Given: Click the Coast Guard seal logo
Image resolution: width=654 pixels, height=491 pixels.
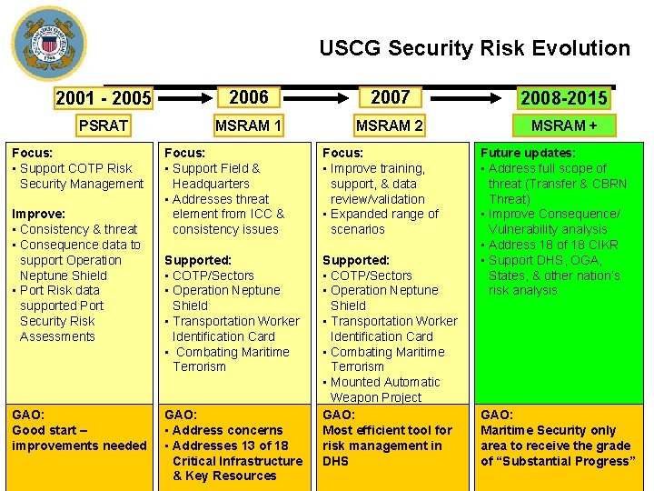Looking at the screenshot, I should (x=49, y=44).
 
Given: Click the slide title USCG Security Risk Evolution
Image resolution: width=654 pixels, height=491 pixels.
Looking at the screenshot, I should (x=474, y=48).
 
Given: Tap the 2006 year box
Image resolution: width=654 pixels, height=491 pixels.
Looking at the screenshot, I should (x=248, y=97).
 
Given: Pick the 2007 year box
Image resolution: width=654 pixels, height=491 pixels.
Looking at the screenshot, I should (x=390, y=97).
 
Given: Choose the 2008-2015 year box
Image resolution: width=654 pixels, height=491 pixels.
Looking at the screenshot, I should (x=563, y=98).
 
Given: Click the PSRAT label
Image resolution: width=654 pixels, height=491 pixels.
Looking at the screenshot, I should (x=103, y=125).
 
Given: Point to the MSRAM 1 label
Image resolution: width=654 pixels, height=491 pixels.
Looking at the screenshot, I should (x=248, y=125).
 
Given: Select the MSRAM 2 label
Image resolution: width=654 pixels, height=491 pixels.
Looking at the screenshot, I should (x=389, y=125).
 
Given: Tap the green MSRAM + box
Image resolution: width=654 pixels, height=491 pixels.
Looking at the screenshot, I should (x=563, y=125).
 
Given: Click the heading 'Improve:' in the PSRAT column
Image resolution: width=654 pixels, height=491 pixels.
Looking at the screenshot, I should (x=38, y=214).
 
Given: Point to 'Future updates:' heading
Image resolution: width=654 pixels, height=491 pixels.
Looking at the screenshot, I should (x=527, y=153).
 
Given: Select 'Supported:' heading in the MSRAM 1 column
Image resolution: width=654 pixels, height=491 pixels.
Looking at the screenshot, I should (x=198, y=260).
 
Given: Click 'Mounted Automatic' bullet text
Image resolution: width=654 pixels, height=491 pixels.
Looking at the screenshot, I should (x=385, y=382).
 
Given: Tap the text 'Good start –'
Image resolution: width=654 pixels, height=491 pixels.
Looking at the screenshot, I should (x=49, y=430).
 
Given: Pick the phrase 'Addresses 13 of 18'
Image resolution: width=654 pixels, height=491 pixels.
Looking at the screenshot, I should (x=230, y=446).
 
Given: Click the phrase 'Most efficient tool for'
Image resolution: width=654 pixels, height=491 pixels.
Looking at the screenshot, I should (x=388, y=430).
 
